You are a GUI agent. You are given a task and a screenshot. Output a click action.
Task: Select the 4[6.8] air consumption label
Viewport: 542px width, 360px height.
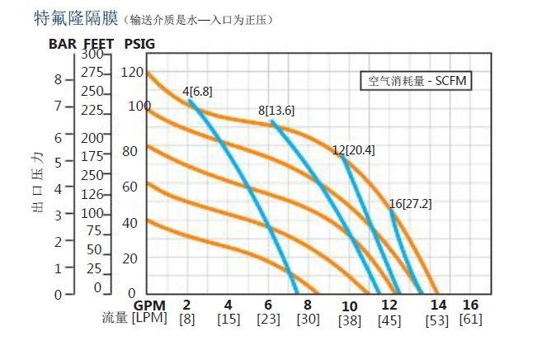coord(197,92)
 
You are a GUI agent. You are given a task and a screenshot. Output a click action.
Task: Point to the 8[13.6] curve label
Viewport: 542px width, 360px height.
coord(276,110)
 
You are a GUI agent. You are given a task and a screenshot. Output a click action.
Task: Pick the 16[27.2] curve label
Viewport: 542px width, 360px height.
coord(410,203)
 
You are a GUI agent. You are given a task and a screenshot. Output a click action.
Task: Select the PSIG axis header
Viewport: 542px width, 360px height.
coord(139,43)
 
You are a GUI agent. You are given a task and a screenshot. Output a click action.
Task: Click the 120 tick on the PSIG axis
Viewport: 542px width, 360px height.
coord(131,72)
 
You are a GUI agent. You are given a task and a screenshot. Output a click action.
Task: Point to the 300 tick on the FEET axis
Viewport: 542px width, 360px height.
coord(92,54)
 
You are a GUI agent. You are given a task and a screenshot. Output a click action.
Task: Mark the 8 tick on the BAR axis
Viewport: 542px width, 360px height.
coord(58,79)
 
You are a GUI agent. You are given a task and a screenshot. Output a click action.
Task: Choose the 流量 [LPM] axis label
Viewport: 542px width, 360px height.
coord(134,319)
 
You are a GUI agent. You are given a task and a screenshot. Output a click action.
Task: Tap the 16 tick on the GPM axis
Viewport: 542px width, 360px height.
coord(470,305)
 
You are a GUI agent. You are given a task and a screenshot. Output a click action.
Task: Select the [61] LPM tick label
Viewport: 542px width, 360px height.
coord(470,320)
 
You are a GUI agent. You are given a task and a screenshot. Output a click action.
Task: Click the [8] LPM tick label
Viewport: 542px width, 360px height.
coord(187,320)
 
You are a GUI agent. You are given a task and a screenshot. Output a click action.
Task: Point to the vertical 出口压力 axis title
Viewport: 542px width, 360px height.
coord(36,183)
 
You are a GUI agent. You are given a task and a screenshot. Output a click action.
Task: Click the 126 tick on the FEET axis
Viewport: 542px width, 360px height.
coord(92,195)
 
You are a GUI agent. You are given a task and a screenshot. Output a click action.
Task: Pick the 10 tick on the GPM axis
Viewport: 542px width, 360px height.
coord(349,306)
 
